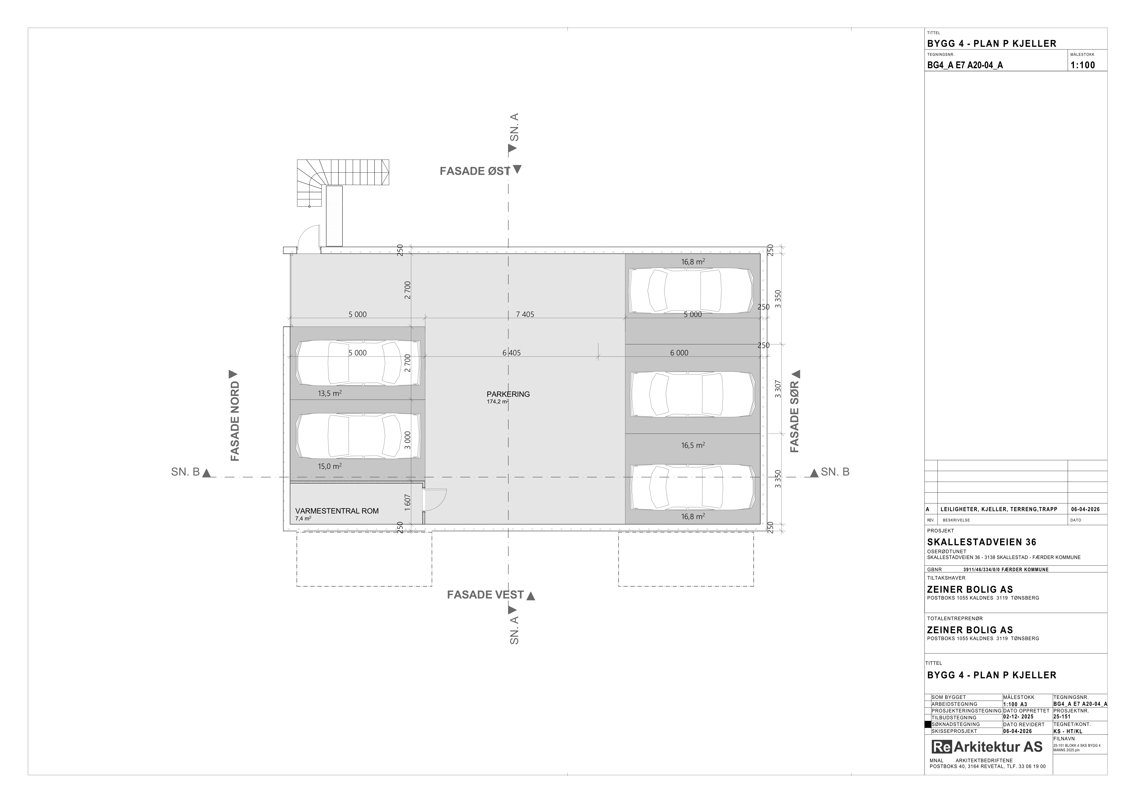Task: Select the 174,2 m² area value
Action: pos(498,402)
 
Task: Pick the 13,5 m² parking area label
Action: pos(330,394)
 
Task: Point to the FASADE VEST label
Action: pos(485,595)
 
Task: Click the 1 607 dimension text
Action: pos(407,502)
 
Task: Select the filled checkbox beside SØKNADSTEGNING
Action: pos(928,724)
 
